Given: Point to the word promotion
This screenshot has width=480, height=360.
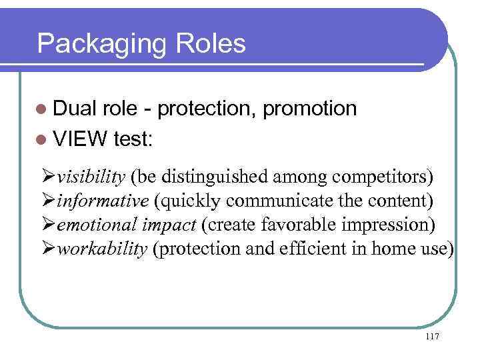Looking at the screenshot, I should click(310, 109).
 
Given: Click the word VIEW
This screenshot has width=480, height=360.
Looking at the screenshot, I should click(81, 140).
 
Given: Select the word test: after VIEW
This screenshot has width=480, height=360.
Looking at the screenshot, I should click(133, 140).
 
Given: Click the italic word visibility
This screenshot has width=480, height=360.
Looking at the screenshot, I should click(91, 178).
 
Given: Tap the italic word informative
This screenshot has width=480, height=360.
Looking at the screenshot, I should click(103, 201).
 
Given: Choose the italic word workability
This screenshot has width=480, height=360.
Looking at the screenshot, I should click(102, 248).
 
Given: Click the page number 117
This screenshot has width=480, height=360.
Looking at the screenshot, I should click(431, 337).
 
